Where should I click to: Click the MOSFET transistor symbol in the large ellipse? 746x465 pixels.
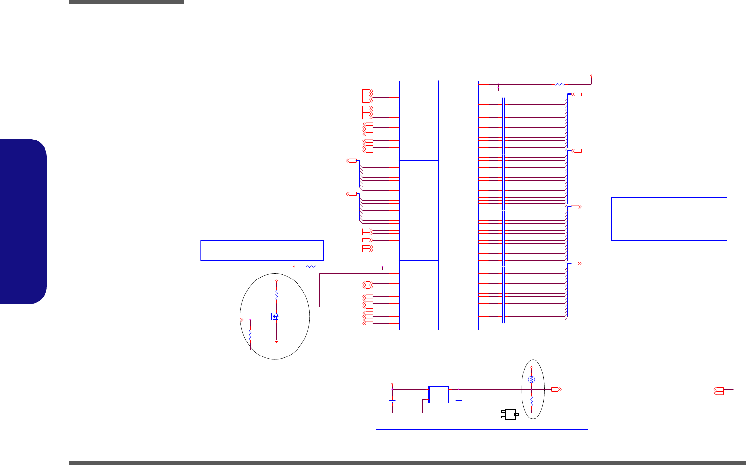275,317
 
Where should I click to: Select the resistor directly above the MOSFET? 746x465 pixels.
276,294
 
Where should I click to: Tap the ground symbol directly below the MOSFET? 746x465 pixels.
276,341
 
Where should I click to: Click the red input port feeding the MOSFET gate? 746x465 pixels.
238,320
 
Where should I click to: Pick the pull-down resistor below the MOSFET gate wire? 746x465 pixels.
250,334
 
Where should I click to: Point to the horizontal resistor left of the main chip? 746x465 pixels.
312,266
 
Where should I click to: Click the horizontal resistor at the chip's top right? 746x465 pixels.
559,84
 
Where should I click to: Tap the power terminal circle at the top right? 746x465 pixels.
591,76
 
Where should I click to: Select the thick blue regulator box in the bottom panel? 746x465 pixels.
439,394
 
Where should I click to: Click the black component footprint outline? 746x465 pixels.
510,414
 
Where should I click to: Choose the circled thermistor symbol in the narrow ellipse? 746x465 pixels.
531,379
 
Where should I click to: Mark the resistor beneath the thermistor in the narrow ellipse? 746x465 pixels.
531,402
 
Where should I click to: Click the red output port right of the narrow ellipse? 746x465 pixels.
556,389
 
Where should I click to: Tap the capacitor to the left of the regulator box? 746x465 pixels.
392,402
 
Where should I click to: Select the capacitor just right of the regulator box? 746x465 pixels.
459,402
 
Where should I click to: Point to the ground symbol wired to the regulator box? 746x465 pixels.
422,413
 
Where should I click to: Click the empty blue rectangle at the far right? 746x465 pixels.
669,218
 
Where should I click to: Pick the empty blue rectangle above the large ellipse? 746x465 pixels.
262,250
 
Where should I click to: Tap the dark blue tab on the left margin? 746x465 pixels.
24,221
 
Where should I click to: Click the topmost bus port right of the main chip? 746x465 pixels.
577,94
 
